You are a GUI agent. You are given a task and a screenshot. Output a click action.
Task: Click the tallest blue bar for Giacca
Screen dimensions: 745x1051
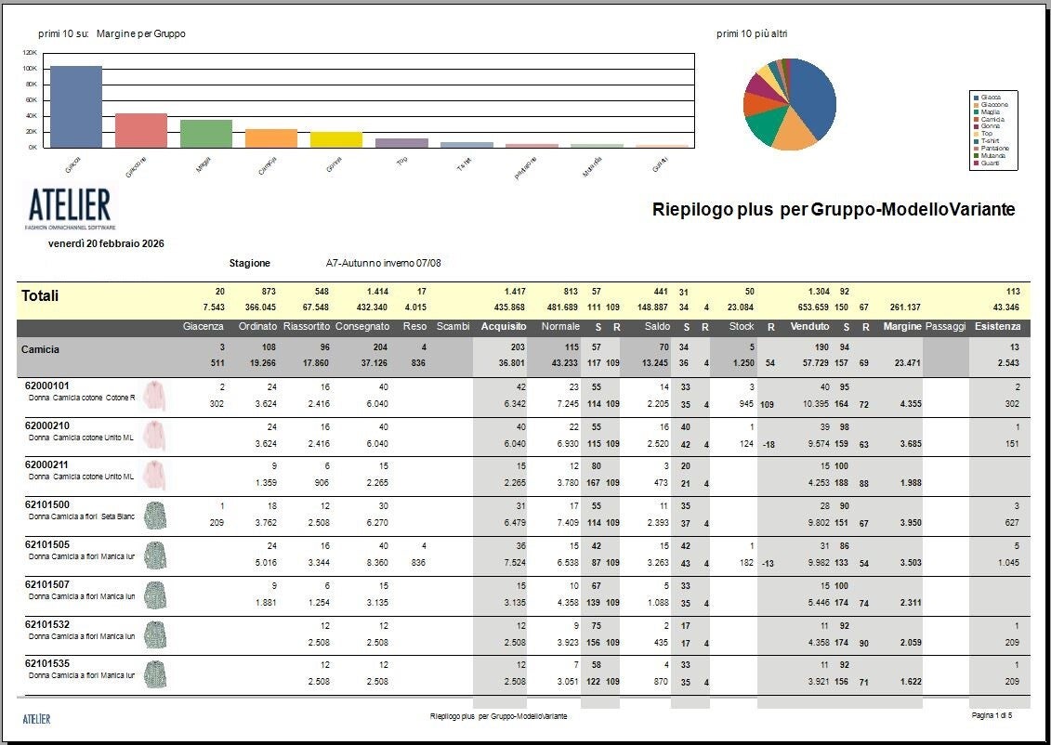click(x=76, y=106)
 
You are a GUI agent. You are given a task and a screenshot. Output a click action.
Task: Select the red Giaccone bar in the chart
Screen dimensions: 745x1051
click(x=141, y=130)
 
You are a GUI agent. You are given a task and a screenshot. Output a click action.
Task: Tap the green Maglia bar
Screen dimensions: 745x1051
click(x=206, y=133)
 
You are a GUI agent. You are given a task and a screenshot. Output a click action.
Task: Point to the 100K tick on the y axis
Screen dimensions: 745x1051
click(x=30, y=69)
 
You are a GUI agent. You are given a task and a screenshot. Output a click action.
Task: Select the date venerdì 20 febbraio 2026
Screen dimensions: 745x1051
click(x=106, y=243)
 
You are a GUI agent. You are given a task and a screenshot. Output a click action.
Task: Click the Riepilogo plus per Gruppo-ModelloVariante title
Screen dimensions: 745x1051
click(x=834, y=210)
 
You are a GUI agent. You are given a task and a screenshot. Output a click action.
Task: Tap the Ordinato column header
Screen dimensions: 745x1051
click(x=257, y=327)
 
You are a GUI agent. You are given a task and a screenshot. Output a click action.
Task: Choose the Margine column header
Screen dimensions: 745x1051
click(x=902, y=327)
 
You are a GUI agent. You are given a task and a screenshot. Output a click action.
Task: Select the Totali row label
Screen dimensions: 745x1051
click(x=40, y=296)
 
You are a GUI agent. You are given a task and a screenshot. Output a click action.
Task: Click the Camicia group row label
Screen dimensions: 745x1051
click(x=41, y=349)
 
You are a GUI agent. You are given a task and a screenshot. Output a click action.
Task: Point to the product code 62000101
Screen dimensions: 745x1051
click(x=47, y=386)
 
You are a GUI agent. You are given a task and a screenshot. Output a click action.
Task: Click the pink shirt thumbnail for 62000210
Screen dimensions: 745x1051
click(x=155, y=436)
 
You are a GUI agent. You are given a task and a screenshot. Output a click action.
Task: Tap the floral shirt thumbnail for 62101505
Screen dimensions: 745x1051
click(x=155, y=555)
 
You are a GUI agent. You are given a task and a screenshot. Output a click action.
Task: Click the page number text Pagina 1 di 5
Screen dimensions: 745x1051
click(x=991, y=716)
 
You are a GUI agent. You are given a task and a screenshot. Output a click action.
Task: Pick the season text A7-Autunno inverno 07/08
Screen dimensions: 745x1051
click(x=383, y=264)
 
